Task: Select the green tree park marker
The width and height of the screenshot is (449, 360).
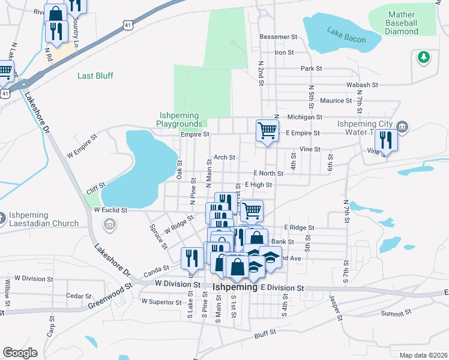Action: pyautogui.click(x=424, y=57)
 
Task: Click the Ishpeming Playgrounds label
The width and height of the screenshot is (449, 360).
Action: pyautogui.click(x=180, y=119)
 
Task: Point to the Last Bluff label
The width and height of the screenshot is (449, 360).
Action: pyautogui.click(x=95, y=76)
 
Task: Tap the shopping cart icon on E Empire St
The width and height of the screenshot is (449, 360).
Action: pyautogui.click(x=267, y=130)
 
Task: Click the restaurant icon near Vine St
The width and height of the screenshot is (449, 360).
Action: pyautogui.click(x=385, y=141)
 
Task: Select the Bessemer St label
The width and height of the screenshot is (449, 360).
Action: pyautogui.click(x=279, y=37)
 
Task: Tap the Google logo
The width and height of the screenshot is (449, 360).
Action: pyautogui.click(x=20, y=352)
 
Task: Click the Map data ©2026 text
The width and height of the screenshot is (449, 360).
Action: pyautogui.click(x=423, y=355)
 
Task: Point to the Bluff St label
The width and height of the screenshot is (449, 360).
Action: pyautogui.click(x=265, y=331)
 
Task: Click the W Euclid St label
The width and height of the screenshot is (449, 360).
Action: pyautogui.click(x=111, y=211)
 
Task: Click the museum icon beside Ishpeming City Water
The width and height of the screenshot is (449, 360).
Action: pyautogui.click(x=403, y=126)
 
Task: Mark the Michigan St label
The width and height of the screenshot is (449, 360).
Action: pyautogui.click(x=305, y=117)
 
